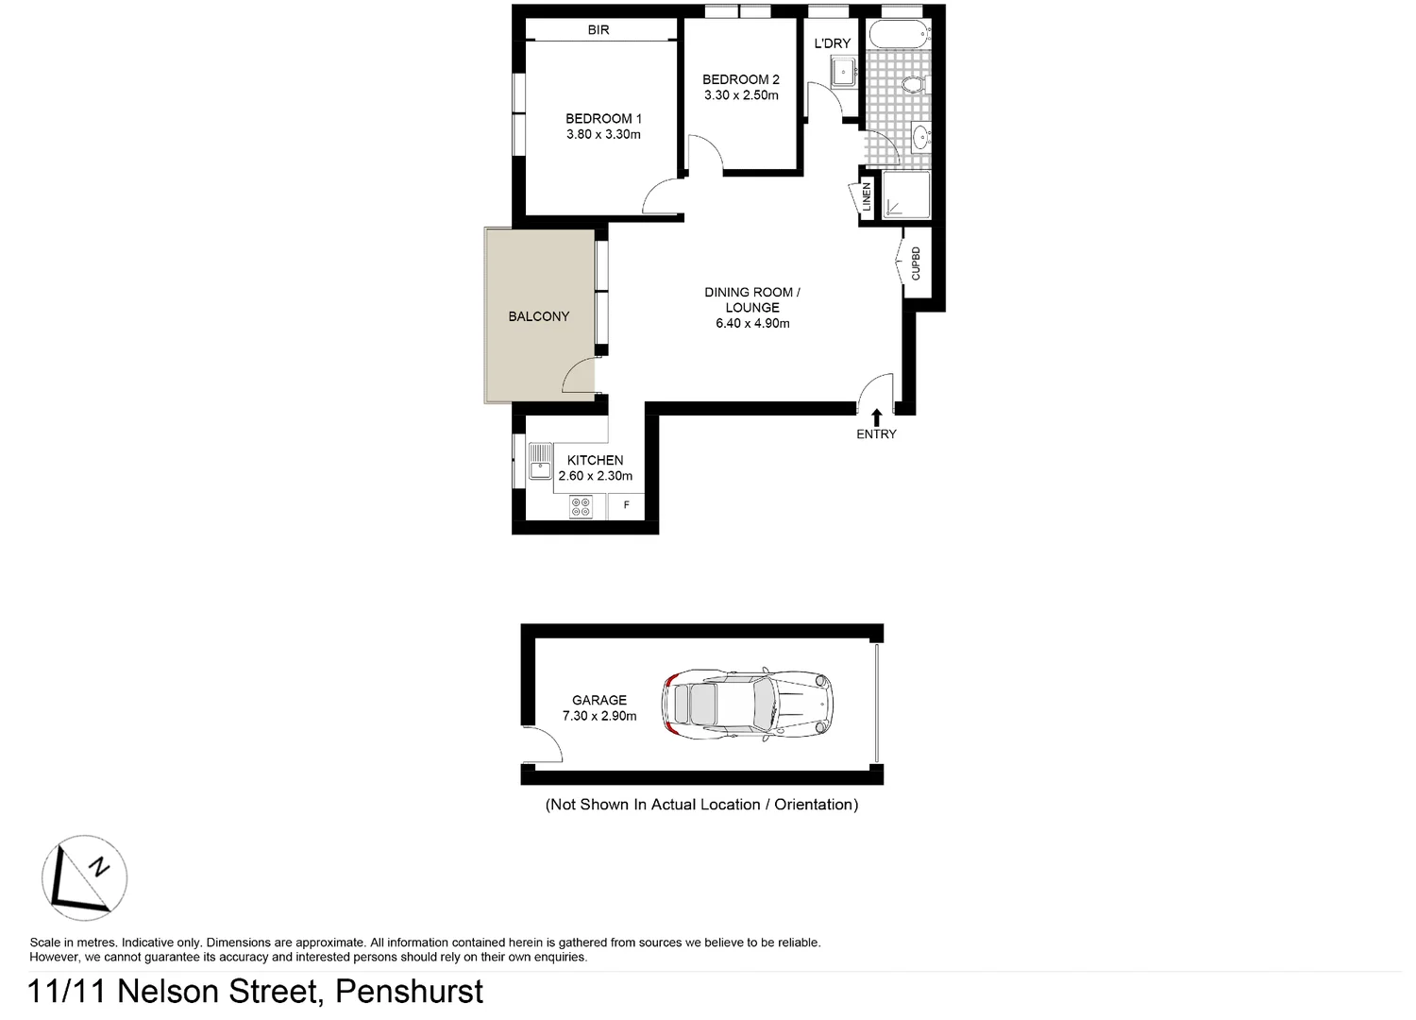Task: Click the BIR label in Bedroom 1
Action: (x=598, y=30)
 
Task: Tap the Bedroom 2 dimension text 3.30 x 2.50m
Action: (x=741, y=95)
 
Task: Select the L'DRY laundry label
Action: (x=832, y=43)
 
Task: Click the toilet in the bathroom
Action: (x=912, y=86)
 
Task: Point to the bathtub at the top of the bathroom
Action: (x=899, y=35)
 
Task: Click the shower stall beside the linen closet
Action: (x=906, y=195)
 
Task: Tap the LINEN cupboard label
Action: (x=867, y=196)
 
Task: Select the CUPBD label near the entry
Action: (x=916, y=263)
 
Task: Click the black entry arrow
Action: (x=877, y=416)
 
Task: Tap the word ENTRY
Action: (x=876, y=434)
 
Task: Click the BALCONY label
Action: (x=538, y=316)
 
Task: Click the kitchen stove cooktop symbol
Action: (x=581, y=507)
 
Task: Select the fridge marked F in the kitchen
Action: (x=626, y=505)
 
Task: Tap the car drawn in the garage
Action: (x=747, y=705)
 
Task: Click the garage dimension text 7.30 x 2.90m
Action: (x=598, y=716)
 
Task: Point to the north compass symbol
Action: (x=84, y=877)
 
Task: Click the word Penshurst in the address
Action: (x=409, y=992)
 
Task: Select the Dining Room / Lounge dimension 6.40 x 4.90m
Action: (x=752, y=323)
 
